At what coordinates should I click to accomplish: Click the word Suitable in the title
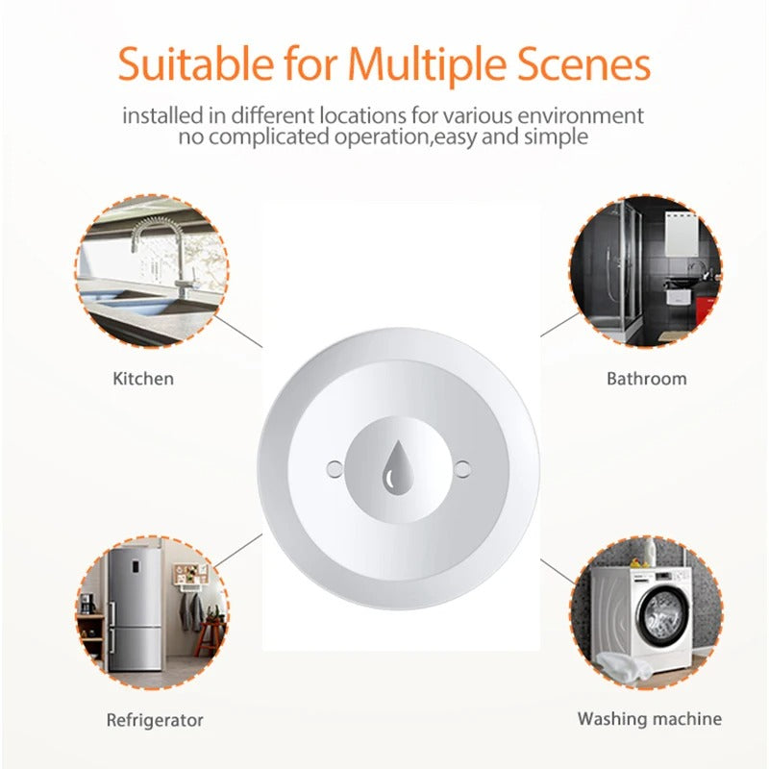196,63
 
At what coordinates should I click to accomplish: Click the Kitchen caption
143,379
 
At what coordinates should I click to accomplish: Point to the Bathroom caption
646,379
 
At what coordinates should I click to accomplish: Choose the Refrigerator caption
155,720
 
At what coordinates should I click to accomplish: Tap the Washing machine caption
650,719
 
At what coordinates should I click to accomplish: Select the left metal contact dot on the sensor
335,469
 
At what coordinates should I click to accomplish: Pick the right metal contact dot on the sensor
462,469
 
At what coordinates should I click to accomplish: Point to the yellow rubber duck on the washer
637,562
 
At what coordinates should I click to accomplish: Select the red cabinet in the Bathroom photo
707,310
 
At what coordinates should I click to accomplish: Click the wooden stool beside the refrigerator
210,637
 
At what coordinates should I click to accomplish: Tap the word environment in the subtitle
581,116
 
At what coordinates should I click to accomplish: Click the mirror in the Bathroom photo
682,235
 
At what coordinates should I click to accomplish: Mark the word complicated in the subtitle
269,137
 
